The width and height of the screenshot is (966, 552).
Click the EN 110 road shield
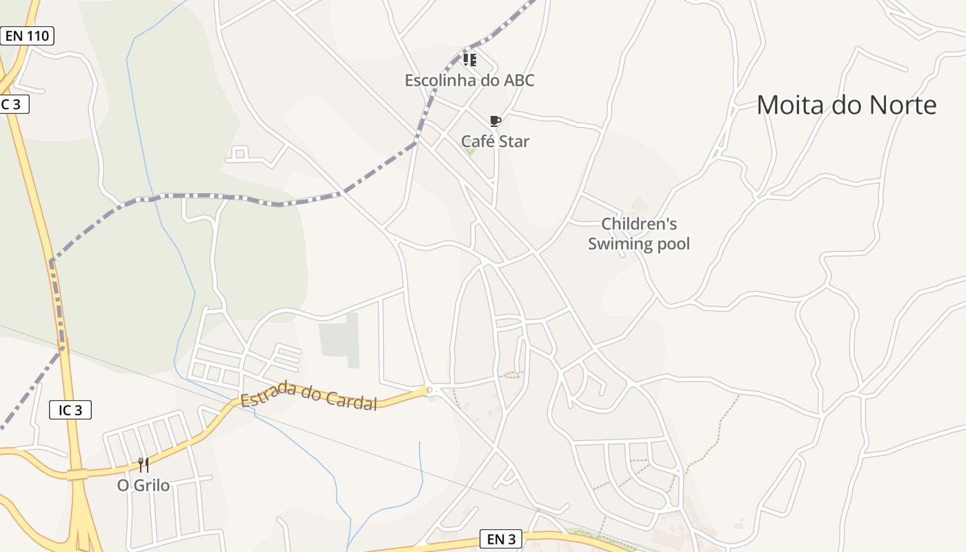click(x=27, y=36)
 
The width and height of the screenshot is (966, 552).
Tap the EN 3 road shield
click(x=501, y=540)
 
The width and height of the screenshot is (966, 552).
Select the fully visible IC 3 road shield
click(x=70, y=410)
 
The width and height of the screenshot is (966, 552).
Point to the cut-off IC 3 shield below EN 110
click(x=12, y=104)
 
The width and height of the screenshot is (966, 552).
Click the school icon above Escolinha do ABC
click(x=469, y=60)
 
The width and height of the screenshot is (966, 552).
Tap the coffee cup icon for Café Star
click(x=495, y=121)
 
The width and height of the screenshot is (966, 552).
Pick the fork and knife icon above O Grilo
click(x=143, y=464)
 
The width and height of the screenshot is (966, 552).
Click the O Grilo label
click(x=143, y=485)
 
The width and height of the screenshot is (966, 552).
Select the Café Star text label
click(x=495, y=141)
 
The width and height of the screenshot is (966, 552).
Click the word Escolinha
click(x=439, y=80)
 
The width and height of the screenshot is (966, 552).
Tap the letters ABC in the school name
click(x=519, y=80)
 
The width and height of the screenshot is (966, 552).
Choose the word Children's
click(x=639, y=224)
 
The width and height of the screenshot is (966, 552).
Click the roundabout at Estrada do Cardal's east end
click(x=429, y=390)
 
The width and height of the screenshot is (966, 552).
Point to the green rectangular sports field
click(x=340, y=339)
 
